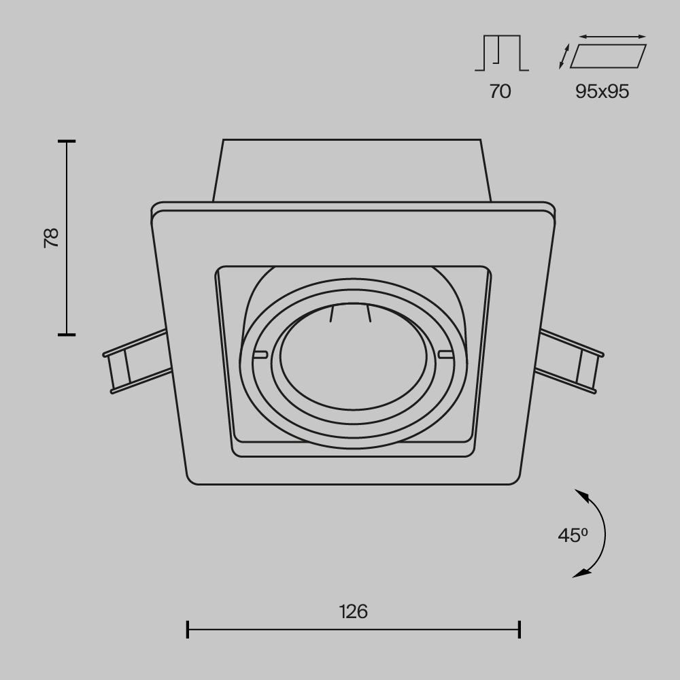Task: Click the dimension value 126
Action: click(x=354, y=611)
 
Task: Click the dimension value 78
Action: click(x=52, y=237)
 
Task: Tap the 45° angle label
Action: click(x=573, y=535)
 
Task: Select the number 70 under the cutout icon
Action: click(x=500, y=91)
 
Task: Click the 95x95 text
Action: click(x=602, y=91)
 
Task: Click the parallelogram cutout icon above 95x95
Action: click(x=608, y=56)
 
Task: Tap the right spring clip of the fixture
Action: click(x=571, y=360)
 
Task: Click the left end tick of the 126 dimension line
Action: click(x=188, y=629)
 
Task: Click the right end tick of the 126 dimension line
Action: click(x=520, y=629)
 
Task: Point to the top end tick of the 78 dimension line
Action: click(x=67, y=141)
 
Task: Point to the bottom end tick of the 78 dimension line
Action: click(x=67, y=334)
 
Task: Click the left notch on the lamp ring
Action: click(x=259, y=354)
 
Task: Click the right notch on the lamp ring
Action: click(x=445, y=354)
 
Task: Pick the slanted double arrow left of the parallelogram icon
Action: click(x=563, y=56)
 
